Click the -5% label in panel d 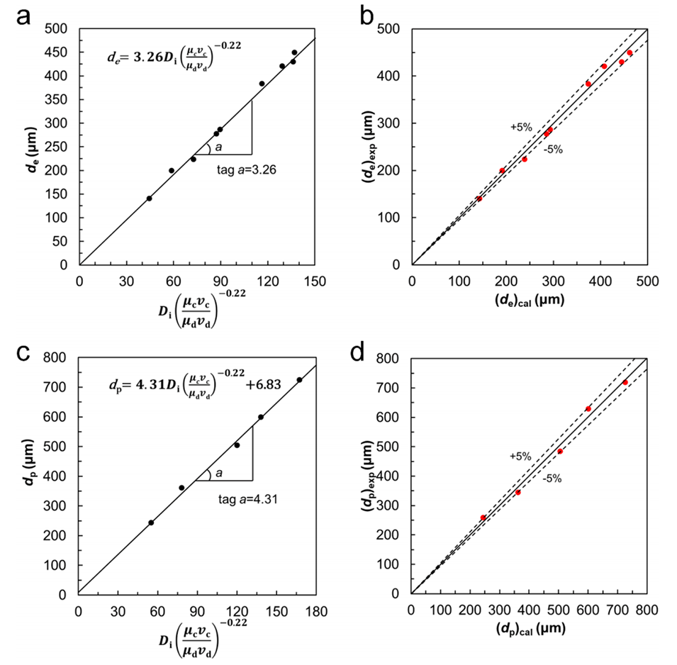point(552,479)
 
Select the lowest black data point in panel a point(149,199)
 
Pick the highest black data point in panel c point(299,380)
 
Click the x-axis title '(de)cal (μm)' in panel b point(530,300)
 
